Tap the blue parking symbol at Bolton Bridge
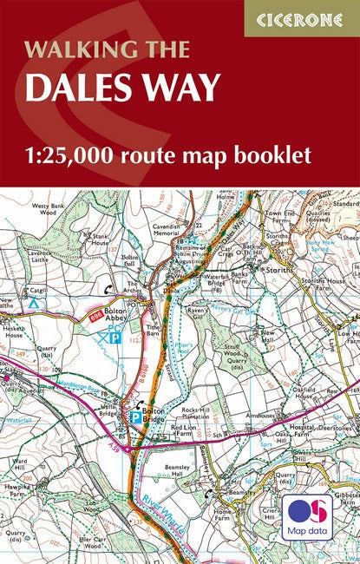[135, 417]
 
